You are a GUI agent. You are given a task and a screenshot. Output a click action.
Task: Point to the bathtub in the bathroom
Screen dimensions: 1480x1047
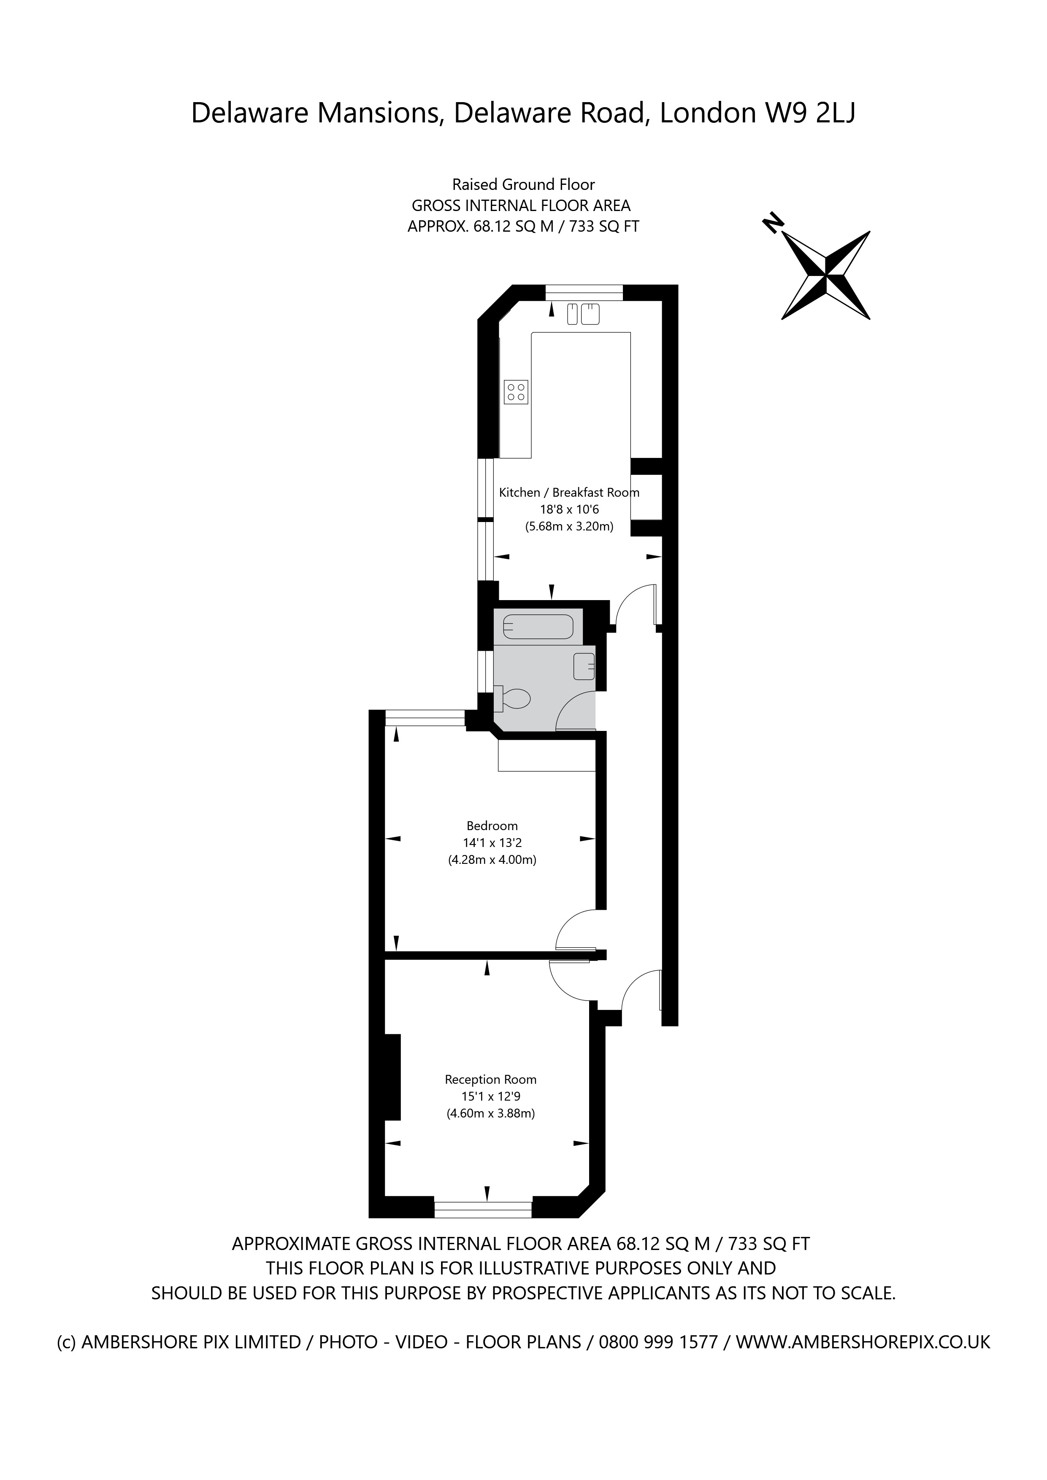[x=538, y=627]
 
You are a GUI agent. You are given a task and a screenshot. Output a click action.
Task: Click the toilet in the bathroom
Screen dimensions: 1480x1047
[x=514, y=698]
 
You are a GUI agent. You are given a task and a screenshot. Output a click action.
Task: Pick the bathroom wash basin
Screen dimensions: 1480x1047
[x=584, y=666]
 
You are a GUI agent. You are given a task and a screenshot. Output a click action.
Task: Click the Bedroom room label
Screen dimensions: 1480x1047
[x=492, y=826]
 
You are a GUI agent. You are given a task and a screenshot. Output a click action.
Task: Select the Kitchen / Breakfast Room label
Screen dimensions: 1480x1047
[x=568, y=492]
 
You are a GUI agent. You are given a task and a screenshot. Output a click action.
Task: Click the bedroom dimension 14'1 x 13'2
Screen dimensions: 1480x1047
[x=492, y=842]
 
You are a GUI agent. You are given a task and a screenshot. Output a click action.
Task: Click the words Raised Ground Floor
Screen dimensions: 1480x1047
[x=523, y=185]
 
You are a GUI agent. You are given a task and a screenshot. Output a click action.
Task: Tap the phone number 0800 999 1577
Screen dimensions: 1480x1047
[x=658, y=1342]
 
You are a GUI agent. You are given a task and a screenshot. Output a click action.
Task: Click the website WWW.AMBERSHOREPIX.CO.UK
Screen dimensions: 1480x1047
[x=863, y=1342]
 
